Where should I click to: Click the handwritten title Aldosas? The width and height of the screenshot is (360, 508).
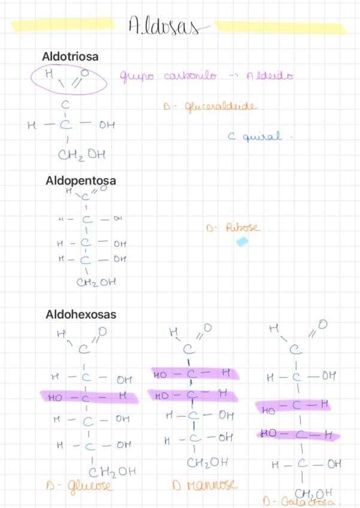(164, 26)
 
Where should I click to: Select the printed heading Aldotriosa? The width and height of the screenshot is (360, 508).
(70, 56)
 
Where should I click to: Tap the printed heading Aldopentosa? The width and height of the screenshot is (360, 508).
(80, 180)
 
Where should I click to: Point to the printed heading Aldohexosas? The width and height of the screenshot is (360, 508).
(81, 315)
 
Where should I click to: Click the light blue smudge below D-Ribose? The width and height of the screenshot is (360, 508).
(241, 242)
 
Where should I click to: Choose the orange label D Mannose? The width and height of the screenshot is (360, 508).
(204, 485)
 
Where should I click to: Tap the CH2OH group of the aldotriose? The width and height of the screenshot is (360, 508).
(81, 155)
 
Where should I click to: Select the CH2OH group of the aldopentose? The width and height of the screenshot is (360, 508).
(96, 282)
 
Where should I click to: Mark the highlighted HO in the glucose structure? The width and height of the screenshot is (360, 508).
(55, 397)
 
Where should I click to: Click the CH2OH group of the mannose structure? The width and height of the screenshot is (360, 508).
(207, 462)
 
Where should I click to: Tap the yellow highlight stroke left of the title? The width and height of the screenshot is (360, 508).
(63, 25)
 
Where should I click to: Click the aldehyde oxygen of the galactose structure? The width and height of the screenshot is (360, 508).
(322, 325)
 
